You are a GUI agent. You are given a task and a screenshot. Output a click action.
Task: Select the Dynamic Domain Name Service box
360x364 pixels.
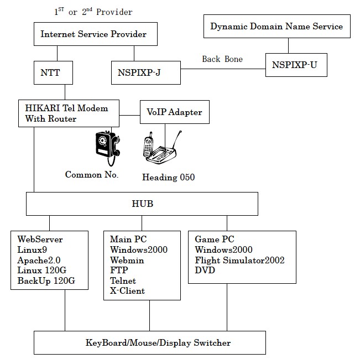276,27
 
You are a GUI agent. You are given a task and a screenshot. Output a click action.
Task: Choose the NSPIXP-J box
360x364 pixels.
145,72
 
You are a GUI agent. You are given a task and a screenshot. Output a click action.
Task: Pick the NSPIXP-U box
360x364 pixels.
295,65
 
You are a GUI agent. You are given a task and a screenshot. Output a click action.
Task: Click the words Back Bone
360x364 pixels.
222,59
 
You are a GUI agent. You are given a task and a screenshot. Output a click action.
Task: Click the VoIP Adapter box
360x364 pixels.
174,112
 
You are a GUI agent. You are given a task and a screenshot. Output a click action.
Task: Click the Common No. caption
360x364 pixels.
92,175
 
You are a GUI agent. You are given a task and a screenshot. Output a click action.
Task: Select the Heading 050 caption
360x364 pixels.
168,178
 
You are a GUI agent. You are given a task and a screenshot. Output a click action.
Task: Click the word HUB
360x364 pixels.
142,204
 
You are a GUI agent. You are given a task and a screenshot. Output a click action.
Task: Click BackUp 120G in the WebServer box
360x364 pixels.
46,281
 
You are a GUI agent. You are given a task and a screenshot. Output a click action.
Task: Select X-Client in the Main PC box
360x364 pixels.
128,291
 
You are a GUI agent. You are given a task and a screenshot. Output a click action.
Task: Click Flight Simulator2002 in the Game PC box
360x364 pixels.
239,260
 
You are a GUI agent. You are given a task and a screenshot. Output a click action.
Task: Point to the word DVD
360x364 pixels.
205,271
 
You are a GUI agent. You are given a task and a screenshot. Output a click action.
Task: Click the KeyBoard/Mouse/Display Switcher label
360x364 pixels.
158,343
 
